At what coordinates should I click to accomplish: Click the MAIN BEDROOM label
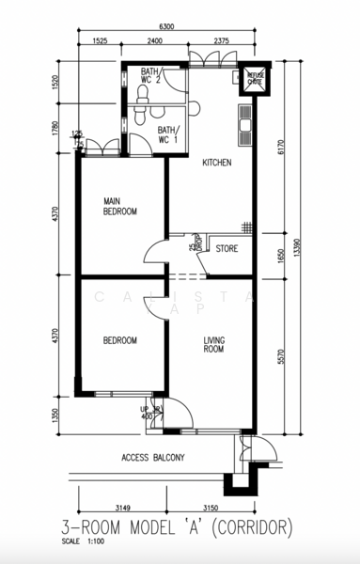coord(120,206)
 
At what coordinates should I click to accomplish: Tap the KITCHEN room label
coord(217,163)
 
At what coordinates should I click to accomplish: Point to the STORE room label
coord(227,249)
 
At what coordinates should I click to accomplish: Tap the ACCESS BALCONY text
coord(153,458)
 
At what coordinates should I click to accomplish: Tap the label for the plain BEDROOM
coord(120,340)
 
